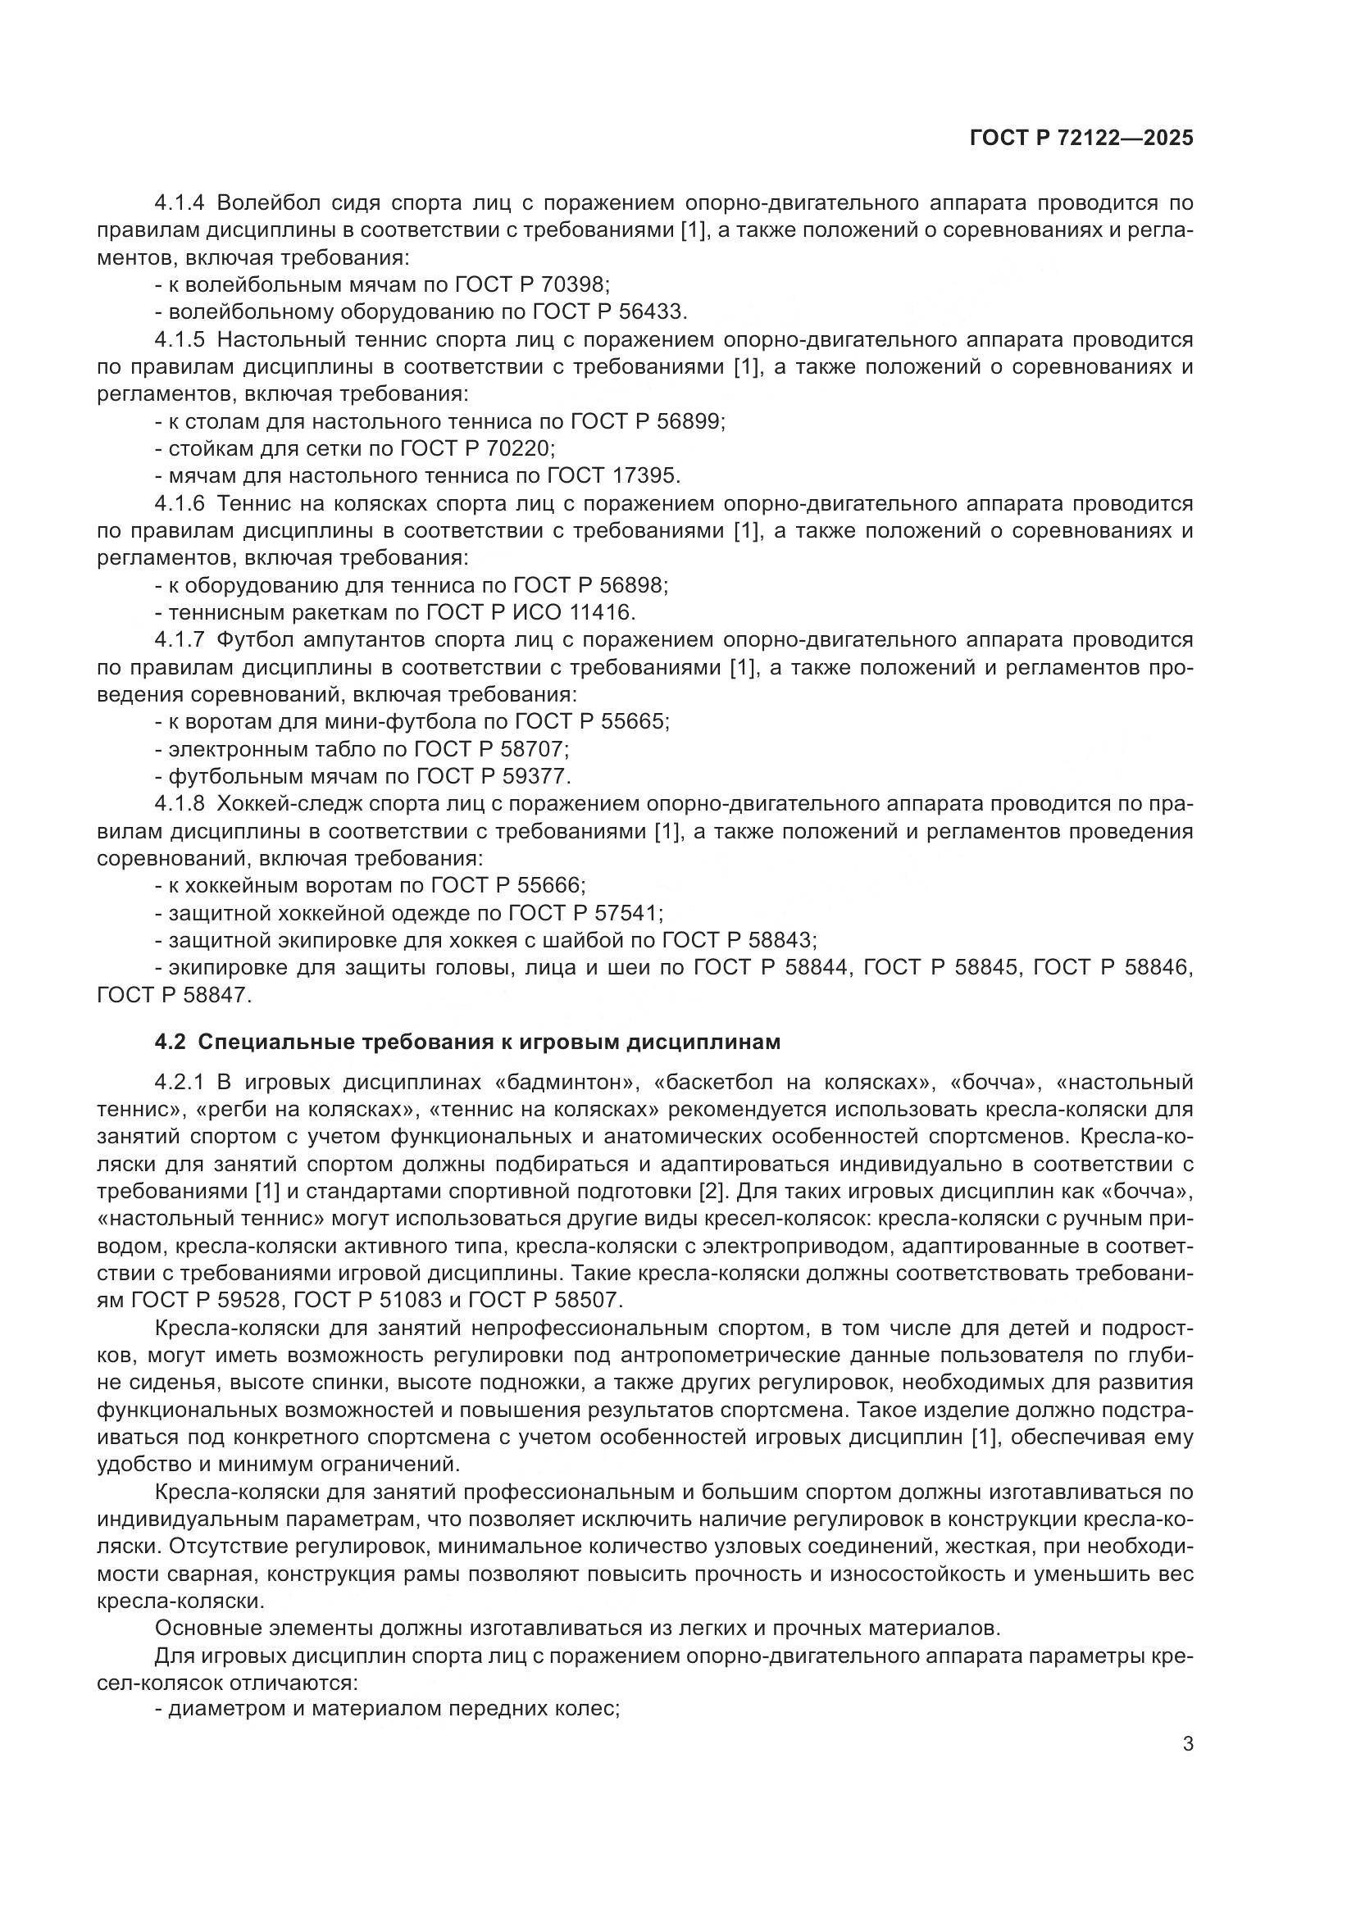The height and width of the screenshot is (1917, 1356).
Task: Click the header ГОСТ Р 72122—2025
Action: point(1081,139)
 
